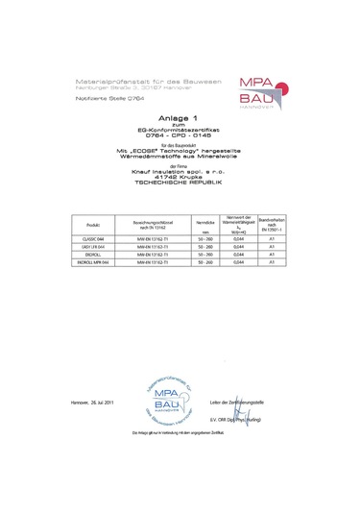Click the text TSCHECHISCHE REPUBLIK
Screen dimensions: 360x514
pos(180,181)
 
